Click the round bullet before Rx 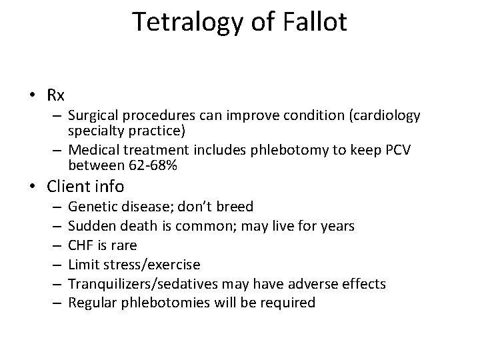(33, 93)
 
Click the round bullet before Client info (33, 187)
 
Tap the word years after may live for (337, 226)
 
